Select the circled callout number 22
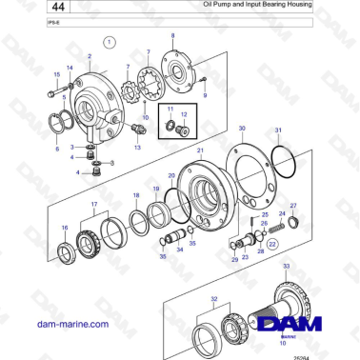(x=273, y=244)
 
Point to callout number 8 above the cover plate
(x=172, y=35)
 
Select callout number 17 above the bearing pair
(x=93, y=205)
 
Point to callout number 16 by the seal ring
(x=64, y=228)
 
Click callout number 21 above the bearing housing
(x=199, y=150)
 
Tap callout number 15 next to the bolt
(x=56, y=73)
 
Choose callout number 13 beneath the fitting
(x=138, y=148)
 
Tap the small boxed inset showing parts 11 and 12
(x=178, y=121)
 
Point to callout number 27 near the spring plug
(x=293, y=206)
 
